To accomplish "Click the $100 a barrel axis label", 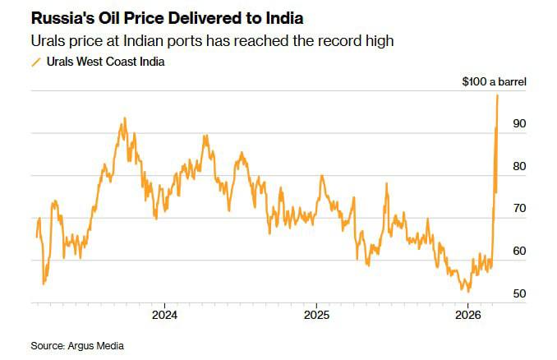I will [x=493, y=81].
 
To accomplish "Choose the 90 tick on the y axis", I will [x=519, y=123].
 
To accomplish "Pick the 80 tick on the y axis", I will [x=519, y=166].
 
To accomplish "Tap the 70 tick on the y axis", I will [x=519, y=209].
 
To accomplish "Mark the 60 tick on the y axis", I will [x=519, y=252].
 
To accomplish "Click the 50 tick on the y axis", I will [x=519, y=293].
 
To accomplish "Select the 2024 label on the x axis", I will [x=164, y=315].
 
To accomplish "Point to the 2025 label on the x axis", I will [x=316, y=315].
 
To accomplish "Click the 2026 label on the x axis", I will [x=467, y=315].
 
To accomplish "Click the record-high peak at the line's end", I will [x=498, y=95].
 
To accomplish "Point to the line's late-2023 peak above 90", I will [x=124, y=118].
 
